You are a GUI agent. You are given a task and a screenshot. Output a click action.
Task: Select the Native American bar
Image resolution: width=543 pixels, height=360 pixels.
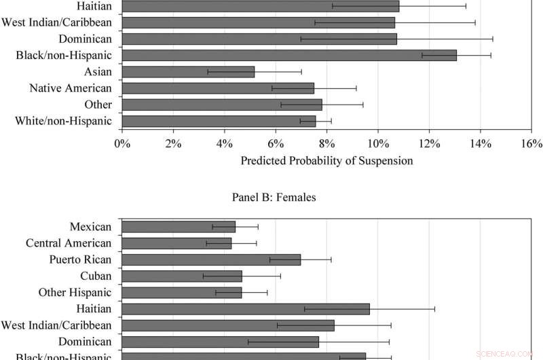pos(218,88)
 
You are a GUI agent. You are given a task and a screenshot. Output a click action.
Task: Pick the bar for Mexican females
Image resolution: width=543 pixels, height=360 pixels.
pos(179,227)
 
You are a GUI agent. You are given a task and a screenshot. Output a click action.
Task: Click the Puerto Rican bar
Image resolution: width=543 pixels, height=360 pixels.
pos(211,259)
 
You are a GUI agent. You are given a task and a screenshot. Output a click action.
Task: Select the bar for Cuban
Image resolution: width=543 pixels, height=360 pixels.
pos(182,276)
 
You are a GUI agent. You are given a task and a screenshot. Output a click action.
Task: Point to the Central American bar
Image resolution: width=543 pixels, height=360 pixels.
pos(176,243)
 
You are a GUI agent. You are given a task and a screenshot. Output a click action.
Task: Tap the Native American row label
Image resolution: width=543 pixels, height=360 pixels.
pos(71,88)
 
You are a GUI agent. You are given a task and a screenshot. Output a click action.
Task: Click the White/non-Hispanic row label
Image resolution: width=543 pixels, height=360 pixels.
pos(63,121)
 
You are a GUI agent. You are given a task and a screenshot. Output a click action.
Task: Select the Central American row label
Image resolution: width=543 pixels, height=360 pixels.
pos(69,243)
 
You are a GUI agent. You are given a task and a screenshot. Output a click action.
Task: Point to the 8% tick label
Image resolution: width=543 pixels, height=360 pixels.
pos(326,143)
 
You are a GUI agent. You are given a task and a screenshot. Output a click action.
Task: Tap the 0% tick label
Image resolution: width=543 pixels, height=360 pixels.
pos(122,143)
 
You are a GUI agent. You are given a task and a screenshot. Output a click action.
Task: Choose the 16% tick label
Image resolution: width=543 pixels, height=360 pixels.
pos(531,143)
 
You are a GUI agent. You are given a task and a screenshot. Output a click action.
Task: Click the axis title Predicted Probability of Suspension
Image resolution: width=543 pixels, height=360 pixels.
pos(326,161)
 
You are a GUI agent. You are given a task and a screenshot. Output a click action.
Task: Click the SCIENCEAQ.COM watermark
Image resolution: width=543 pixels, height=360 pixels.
pos(506,354)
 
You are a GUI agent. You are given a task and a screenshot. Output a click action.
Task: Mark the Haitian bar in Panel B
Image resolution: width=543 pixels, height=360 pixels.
pos(246,309)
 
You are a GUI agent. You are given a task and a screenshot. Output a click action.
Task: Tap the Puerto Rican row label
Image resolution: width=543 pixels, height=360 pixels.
pos(80,259)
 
